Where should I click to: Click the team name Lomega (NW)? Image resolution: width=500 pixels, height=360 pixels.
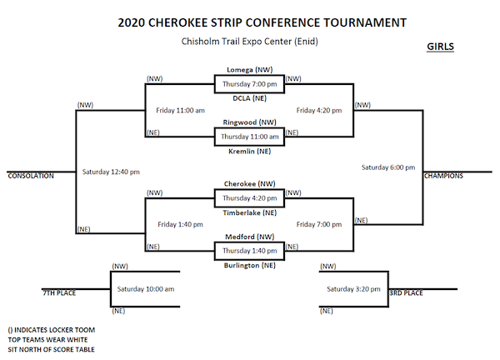pos(250,70)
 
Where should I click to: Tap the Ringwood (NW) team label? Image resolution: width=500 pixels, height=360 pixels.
pos(250,122)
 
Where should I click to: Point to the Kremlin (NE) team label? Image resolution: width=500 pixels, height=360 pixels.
pos(250,152)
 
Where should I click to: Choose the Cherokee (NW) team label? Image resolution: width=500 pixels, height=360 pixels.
pos(250,183)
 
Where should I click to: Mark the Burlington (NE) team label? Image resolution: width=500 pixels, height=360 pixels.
pos(250,265)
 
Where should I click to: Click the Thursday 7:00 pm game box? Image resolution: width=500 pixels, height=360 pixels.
pos(250,84)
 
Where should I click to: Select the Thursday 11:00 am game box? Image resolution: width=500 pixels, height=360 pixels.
pos(250,137)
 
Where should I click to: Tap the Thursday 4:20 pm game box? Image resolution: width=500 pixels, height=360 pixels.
pos(250,198)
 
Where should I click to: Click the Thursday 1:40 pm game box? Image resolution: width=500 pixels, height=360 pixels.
pos(250,251)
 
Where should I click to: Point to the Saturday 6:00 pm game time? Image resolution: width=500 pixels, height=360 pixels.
pos(387,167)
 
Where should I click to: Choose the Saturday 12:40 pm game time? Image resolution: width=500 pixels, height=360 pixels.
pos(111,172)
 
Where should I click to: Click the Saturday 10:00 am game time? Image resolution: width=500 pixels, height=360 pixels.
pos(146,289)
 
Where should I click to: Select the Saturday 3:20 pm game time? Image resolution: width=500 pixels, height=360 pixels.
pos(353,289)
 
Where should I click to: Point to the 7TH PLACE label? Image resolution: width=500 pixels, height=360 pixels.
pos(61,292)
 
